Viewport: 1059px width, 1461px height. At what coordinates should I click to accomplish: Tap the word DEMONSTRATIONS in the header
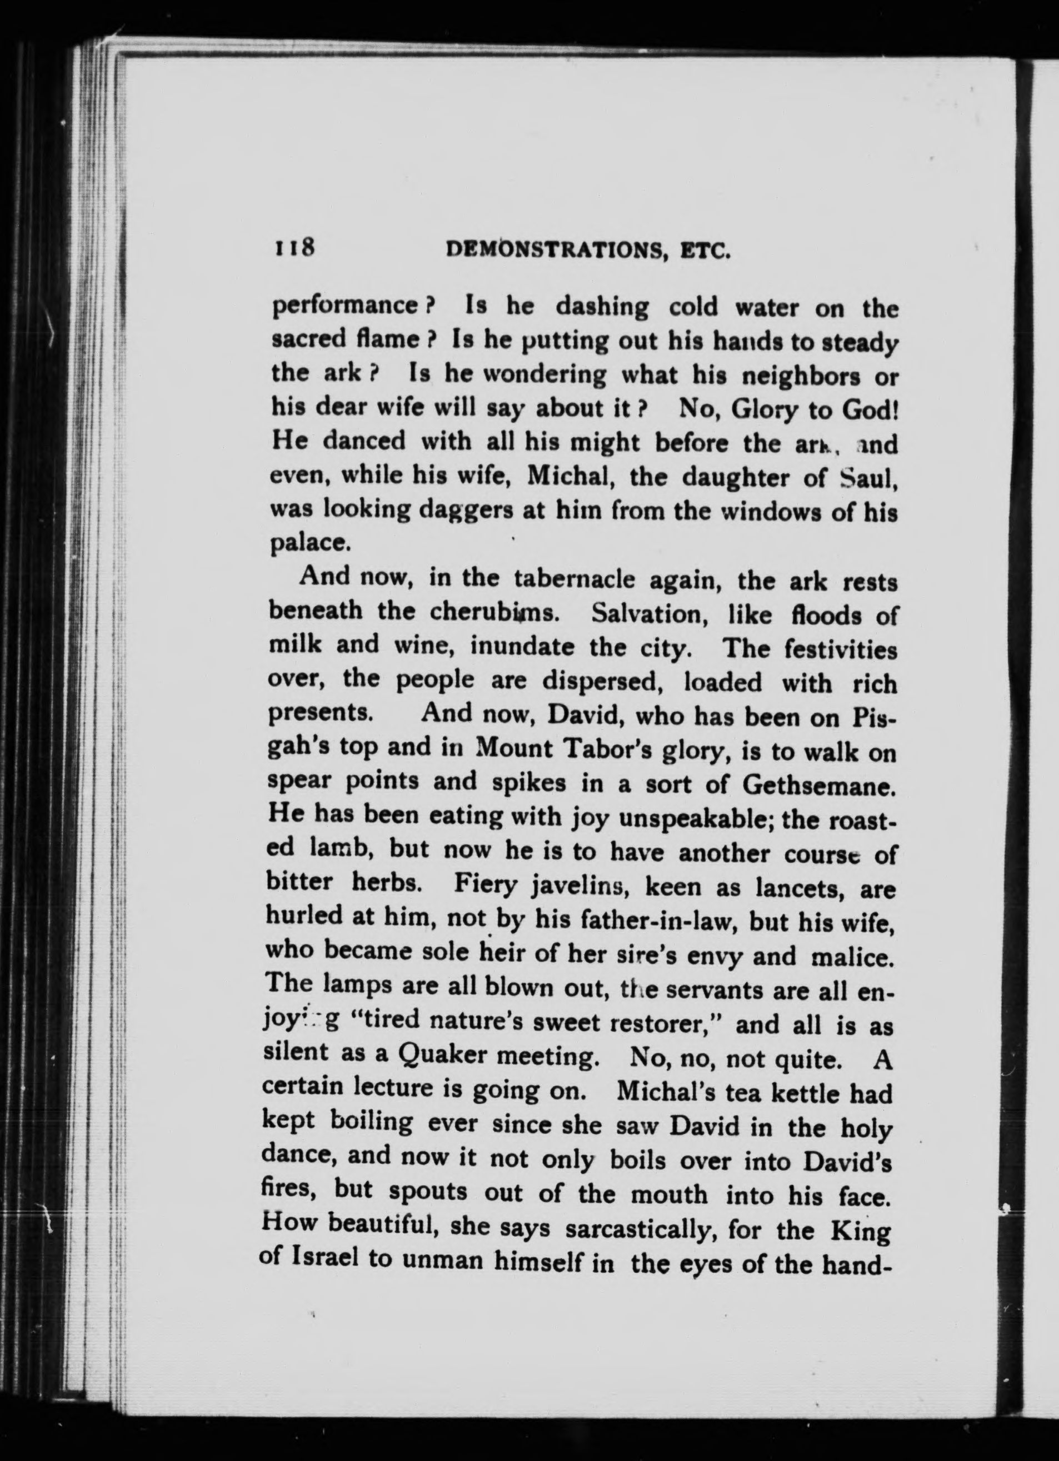click(x=555, y=249)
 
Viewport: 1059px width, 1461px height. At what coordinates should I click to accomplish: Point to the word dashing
click(x=602, y=307)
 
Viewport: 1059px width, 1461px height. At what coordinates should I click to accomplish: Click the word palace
click(x=309, y=544)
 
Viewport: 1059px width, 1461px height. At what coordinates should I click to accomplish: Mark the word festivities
click(x=841, y=649)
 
